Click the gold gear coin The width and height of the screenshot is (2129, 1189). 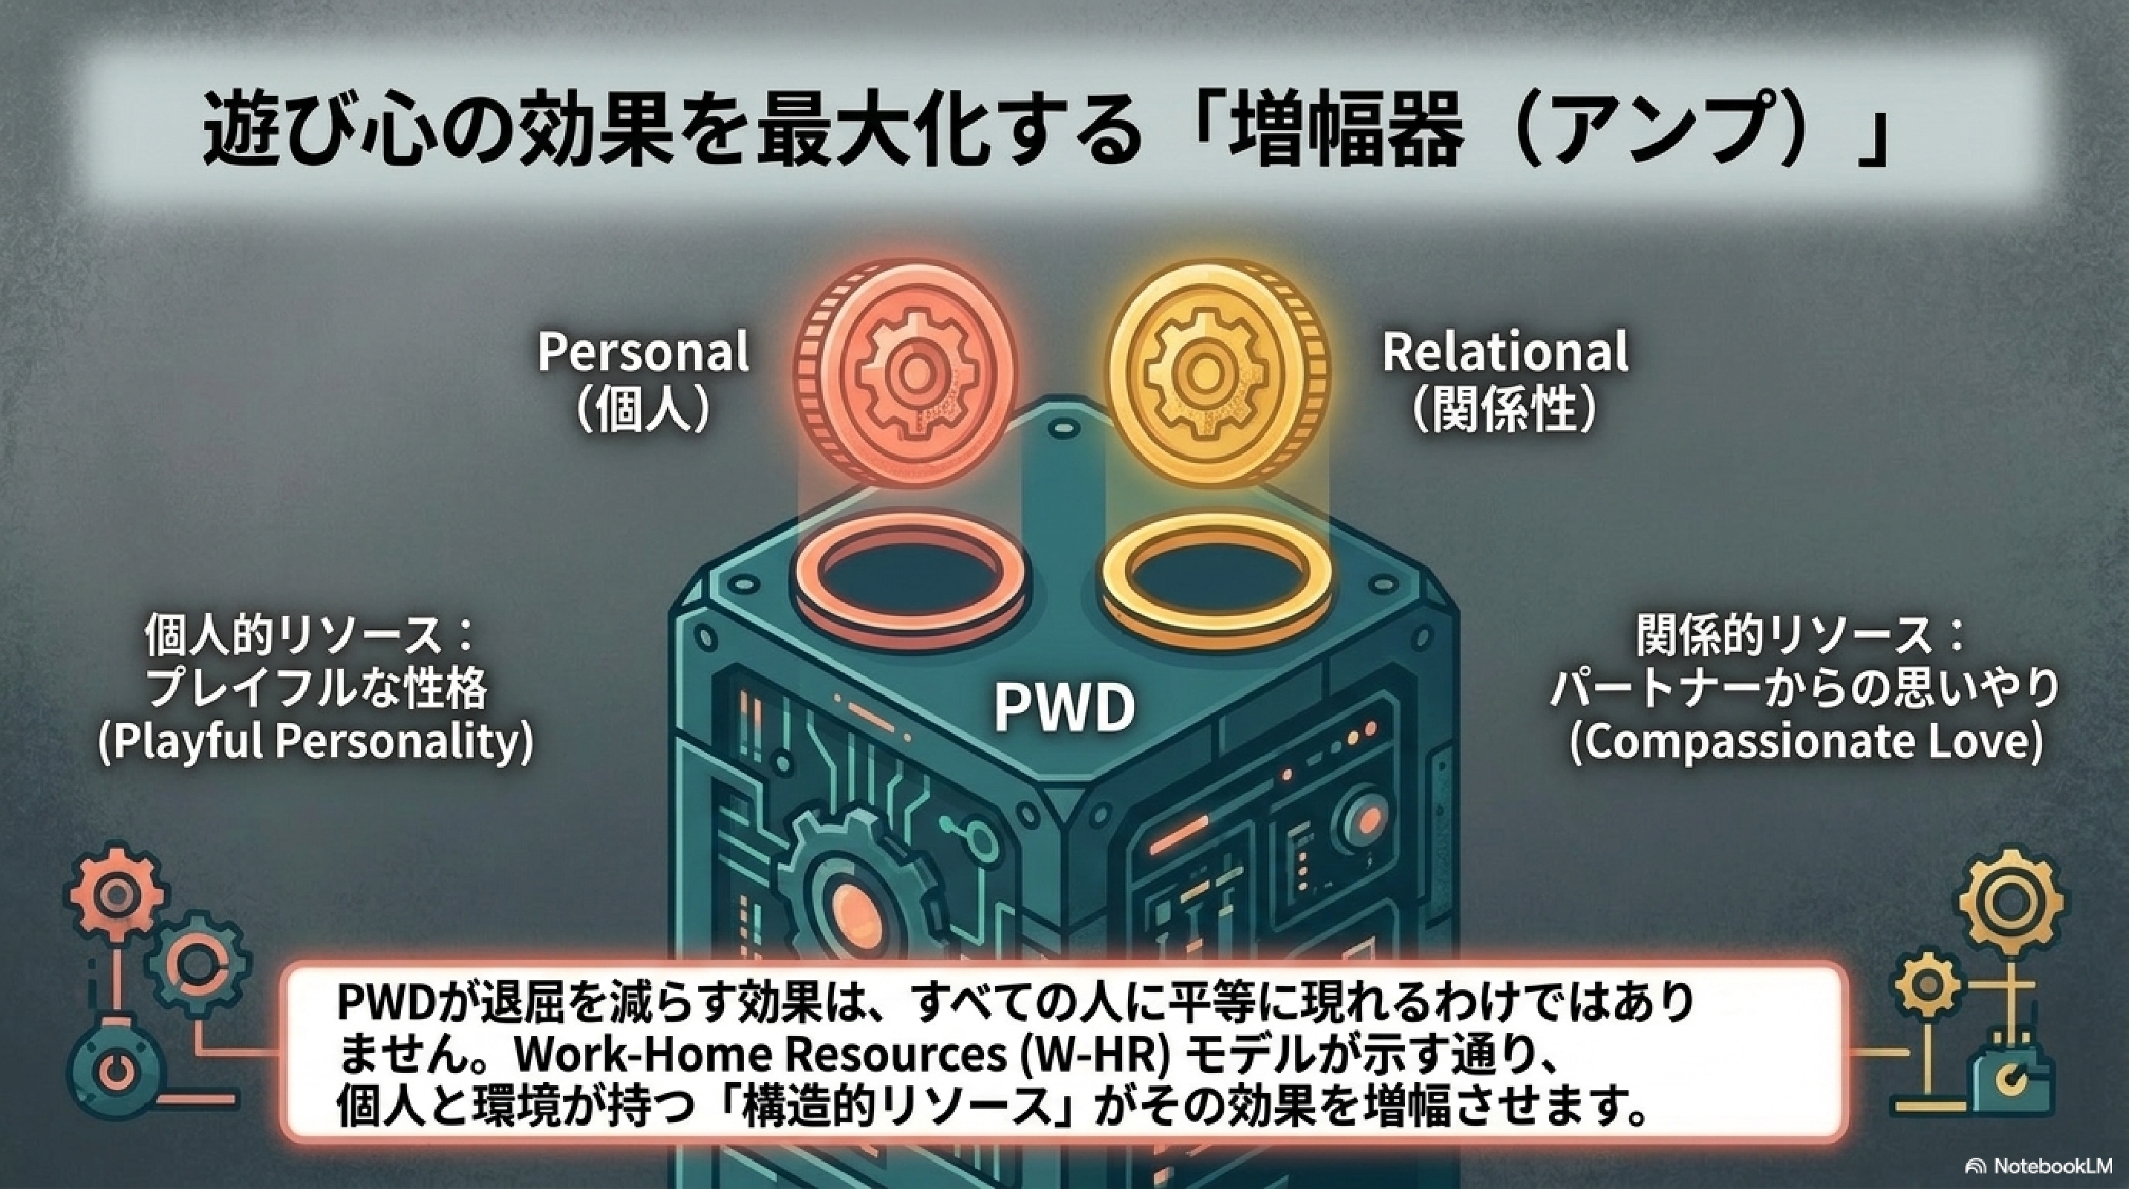click(1219, 377)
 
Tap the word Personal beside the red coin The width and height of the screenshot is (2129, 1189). click(643, 351)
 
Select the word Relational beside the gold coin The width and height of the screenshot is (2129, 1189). click(1505, 351)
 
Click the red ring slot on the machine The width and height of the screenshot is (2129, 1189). click(909, 588)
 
